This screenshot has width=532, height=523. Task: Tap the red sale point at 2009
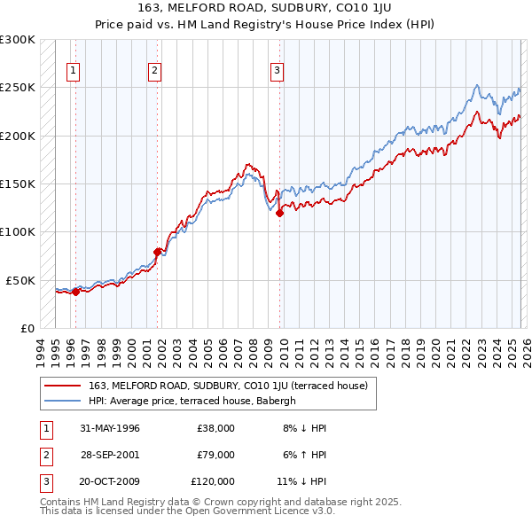tap(280, 213)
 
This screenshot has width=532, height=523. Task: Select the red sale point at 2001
tap(158, 252)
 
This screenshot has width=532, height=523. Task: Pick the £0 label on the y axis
tap(26, 328)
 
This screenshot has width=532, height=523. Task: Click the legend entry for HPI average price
tap(195, 401)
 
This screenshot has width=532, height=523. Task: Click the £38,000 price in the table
tap(215, 428)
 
